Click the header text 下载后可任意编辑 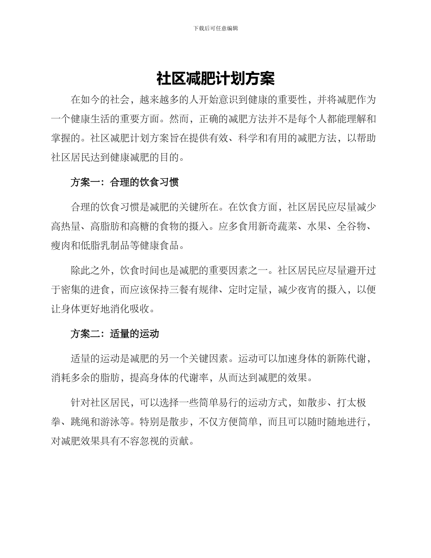point(215,28)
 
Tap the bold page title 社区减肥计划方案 point(215,78)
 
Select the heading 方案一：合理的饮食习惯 point(124,182)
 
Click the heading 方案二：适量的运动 point(114,334)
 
